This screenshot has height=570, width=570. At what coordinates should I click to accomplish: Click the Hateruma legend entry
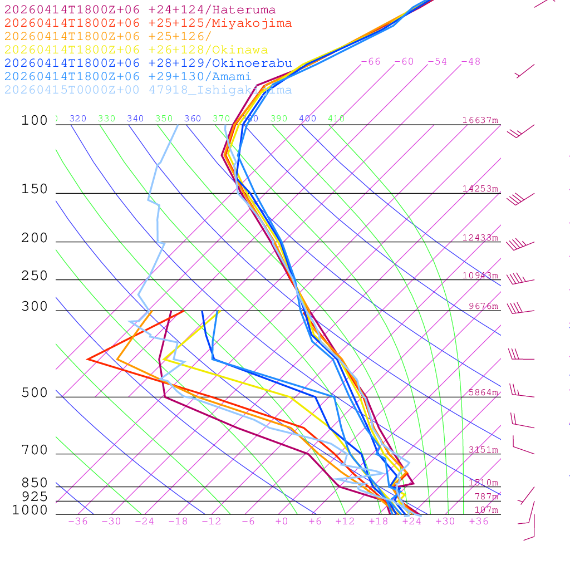pyautogui.click(x=140, y=10)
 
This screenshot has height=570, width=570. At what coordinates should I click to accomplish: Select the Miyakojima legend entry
pyautogui.click(x=148, y=23)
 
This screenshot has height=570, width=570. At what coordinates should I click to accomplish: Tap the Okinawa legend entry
pyautogui.click(x=136, y=50)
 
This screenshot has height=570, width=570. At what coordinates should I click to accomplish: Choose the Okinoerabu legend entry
pyautogui.click(x=148, y=63)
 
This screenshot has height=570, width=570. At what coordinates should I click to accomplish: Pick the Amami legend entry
pyautogui.click(x=127, y=77)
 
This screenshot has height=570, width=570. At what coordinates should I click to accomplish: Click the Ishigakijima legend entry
pyautogui.click(x=148, y=90)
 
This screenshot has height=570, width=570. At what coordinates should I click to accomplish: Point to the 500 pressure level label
pyautogui.click(x=35, y=394)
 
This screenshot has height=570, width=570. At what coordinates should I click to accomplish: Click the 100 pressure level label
pyautogui.click(x=35, y=121)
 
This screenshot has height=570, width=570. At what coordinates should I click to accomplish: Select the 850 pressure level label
pyautogui.click(x=35, y=483)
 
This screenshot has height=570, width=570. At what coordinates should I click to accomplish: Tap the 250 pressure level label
pyautogui.click(x=35, y=276)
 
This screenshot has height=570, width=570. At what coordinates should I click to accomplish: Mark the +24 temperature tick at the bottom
pyautogui.click(x=412, y=522)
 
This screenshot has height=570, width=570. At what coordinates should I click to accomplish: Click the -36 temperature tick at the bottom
pyautogui.click(x=78, y=522)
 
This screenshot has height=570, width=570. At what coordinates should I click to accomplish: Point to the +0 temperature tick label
pyautogui.click(x=282, y=522)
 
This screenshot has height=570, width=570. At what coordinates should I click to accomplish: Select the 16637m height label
pyautogui.click(x=480, y=120)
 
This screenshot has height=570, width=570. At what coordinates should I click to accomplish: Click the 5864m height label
pyautogui.click(x=483, y=392)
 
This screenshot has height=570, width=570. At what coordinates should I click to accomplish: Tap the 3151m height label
pyautogui.click(x=483, y=450)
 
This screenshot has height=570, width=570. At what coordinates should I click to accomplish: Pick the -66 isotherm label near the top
pyautogui.click(x=371, y=62)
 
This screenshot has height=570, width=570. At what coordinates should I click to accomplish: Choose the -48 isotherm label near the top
pyautogui.click(x=471, y=62)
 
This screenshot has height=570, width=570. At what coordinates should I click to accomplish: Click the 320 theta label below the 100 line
pyautogui.click(x=78, y=119)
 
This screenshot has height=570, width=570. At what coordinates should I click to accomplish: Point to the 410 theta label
pyautogui.click(x=336, y=119)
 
